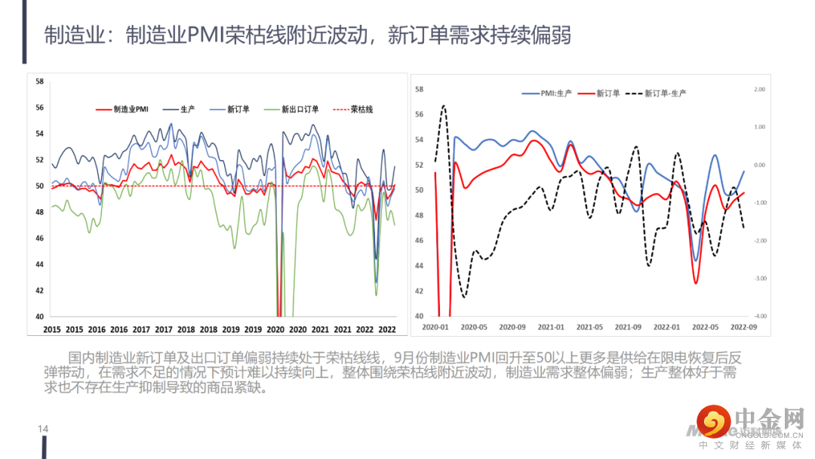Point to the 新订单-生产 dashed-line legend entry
point(665,93)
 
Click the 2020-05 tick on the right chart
point(473,327)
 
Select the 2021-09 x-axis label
point(628,327)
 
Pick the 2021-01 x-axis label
point(550,327)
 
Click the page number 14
point(43,429)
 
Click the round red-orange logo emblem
point(713,421)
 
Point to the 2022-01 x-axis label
point(666,327)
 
